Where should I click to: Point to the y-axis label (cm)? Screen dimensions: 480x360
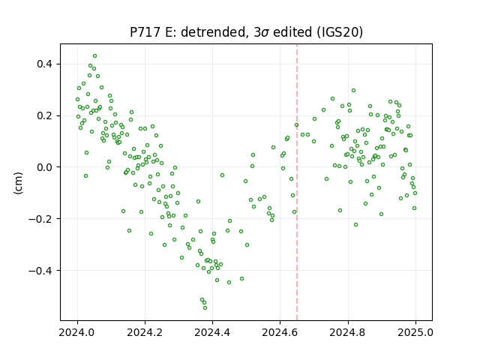[x=18, y=183]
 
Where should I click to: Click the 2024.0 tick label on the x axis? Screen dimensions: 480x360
[x=77, y=332]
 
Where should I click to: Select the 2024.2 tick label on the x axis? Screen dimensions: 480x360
[x=145, y=332]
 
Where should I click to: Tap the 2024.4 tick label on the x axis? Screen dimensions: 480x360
[x=212, y=332]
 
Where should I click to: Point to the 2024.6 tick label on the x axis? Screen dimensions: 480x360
[x=280, y=332]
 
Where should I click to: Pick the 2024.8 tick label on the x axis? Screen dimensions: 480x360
[x=348, y=332]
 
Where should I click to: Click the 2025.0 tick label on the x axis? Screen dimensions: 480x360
[x=415, y=332]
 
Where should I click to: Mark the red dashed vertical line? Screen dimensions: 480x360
[x=297, y=182]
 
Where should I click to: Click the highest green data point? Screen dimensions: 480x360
[x=95, y=56]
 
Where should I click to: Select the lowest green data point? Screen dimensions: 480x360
[x=205, y=307]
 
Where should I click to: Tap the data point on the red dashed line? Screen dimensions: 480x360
[x=296, y=125]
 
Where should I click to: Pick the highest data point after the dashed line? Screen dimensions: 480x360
[x=353, y=90]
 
